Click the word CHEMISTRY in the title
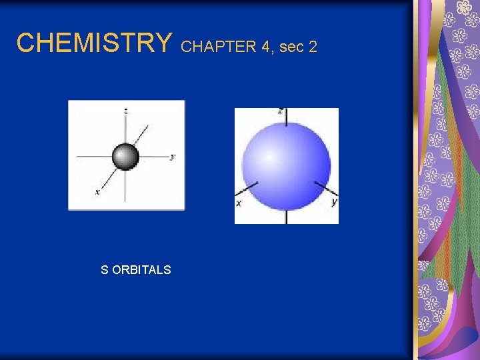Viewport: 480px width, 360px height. click(94, 43)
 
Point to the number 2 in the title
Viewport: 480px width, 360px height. click(312, 47)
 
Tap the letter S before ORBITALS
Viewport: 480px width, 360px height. click(104, 270)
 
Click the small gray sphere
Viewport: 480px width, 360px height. click(125, 157)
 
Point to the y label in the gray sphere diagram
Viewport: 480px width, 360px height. click(173, 157)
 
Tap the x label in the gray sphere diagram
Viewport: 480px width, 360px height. click(97, 192)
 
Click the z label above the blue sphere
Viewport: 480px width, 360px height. click(281, 111)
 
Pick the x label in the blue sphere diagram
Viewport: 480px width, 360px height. click(238, 203)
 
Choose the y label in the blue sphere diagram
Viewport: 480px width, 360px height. click(333, 202)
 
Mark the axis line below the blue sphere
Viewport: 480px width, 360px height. click(286, 216)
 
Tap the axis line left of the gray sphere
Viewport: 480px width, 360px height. click(93, 157)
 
